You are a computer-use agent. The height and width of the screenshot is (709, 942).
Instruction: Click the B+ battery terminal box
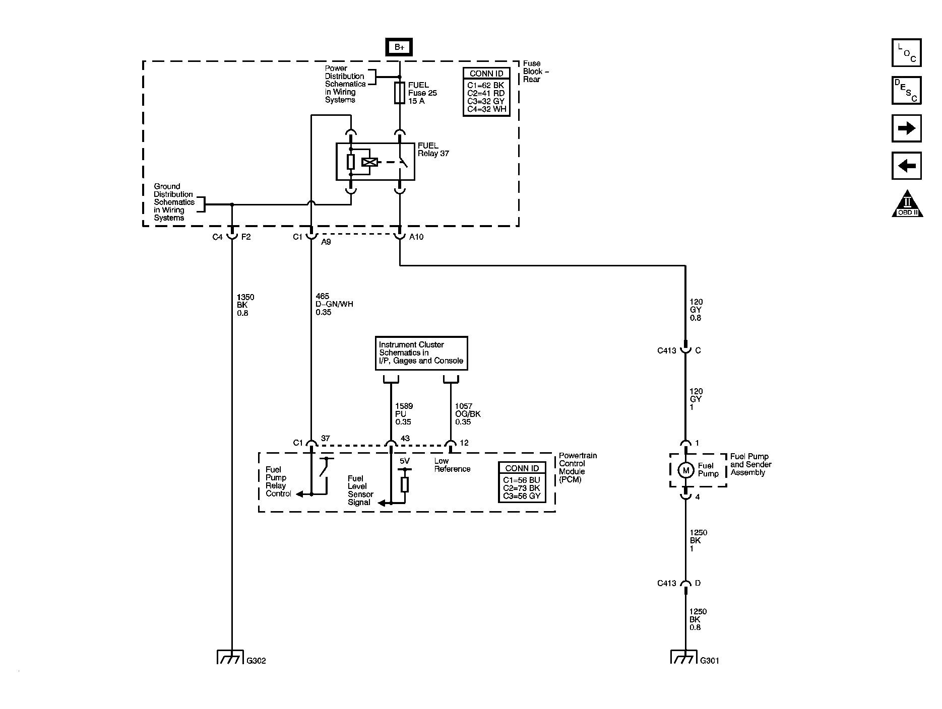click(399, 47)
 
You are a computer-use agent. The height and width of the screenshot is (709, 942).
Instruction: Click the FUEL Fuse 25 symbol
click(400, 93)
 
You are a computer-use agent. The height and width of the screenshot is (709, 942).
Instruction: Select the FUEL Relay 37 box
click(375, 162)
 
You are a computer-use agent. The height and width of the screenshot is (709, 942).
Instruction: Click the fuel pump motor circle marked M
click(685, 470)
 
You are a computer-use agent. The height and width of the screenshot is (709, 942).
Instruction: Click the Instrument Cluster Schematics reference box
click(421, 353)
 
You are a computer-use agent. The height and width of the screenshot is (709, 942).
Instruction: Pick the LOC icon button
click(906, 53)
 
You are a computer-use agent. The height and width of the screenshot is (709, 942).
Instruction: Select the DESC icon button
click(906, 90)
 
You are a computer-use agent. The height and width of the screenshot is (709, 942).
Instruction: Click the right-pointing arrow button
click(906, 128)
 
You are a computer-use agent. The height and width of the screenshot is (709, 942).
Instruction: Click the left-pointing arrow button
click(906, 166)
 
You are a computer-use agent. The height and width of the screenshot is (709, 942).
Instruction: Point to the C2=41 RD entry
click(486, 93)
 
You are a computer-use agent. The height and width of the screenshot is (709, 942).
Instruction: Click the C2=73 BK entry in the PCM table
click(522, 488)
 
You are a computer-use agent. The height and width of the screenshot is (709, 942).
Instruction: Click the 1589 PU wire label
click(403, 414)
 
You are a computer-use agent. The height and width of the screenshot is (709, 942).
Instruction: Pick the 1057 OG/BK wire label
click(467, 414)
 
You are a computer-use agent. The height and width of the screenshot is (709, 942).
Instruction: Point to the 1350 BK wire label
click(245, 305)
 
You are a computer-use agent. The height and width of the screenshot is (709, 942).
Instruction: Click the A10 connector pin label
click(416, 237)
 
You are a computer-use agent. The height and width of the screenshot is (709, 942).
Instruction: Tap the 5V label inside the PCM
click(405, 461)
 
